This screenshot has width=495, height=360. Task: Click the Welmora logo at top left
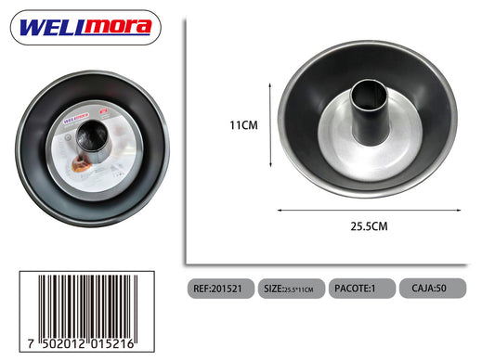(85, 28)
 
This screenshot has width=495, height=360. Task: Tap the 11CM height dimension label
(243, 125)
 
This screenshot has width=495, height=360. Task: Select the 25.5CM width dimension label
(369, 226)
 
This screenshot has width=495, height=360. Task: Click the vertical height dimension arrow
(270, 125)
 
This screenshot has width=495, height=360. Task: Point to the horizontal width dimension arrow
(369, 210)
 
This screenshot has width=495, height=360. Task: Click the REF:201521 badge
(221, 289)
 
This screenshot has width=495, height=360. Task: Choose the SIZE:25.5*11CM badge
(292, 289)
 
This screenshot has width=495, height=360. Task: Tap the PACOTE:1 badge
(362, 289)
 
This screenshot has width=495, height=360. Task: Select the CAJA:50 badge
(433, 289)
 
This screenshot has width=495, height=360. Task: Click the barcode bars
(88, 307)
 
